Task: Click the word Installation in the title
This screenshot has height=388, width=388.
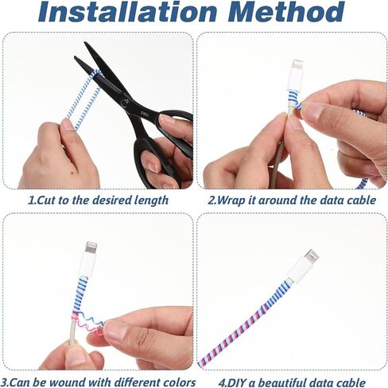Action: tap(128, 12)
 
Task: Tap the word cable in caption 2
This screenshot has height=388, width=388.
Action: tap(361, 200)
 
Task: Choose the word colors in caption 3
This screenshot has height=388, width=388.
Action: tap(179, 382)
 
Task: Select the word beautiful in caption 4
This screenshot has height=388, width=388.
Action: tap(282, 383)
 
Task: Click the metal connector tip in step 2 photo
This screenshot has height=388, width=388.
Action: tap(297, 65)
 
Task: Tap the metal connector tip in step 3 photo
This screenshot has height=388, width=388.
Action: tap(91, 248)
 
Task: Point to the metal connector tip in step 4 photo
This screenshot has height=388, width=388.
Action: tap(311, 257)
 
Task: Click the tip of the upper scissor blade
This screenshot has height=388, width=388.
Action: tap(85, 42)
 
